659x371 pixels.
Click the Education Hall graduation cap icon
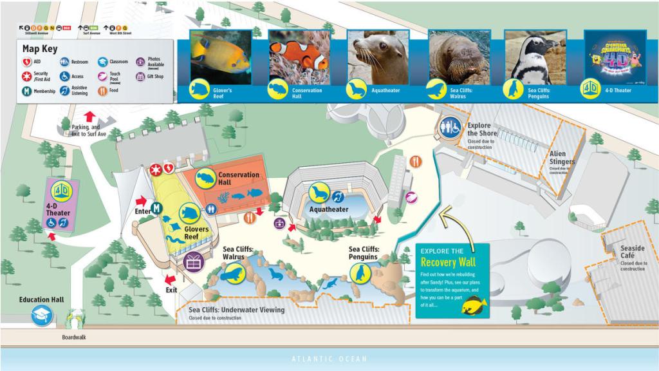point(42,315)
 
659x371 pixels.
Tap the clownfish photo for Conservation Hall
point(299,57)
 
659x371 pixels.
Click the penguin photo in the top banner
point(534,57)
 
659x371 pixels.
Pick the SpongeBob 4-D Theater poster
point(615,57)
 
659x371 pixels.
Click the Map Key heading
point(40,48)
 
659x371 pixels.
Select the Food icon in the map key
point(102,91)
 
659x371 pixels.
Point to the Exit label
point(171,290)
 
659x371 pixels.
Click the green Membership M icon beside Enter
point(156,207)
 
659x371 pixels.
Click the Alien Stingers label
point(562,158)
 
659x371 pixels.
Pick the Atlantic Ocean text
point(329,359)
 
